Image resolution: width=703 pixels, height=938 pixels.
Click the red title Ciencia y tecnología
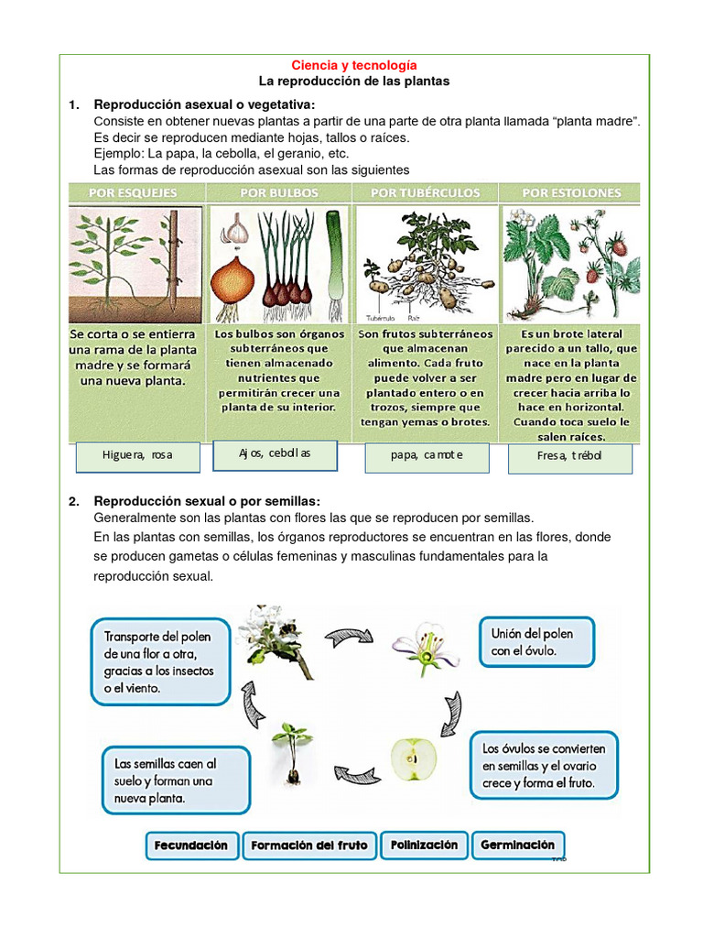[353, 65]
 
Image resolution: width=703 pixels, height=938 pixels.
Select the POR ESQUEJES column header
[134, 193]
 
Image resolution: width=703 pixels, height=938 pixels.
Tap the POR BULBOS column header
[279, 193]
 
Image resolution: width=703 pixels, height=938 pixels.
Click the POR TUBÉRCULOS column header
[426, 193]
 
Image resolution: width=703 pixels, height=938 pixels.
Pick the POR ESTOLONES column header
[571, 193]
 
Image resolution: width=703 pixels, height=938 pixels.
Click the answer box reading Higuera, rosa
[137, 456]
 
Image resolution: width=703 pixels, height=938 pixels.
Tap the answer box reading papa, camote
[427, 456]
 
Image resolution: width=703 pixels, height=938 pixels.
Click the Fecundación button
[191, 845]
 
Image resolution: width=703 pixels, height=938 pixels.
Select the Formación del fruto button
[308, 845]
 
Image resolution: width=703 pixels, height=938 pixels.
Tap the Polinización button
[424, 845]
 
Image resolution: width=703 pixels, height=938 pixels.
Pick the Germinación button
[518, 845]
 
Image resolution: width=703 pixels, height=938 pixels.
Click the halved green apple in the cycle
[414, 759]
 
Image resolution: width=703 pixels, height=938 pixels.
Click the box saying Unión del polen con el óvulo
[536, 642]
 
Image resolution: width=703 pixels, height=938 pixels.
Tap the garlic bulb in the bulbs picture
[238, 230]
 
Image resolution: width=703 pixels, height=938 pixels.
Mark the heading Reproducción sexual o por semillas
[207, 501]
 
